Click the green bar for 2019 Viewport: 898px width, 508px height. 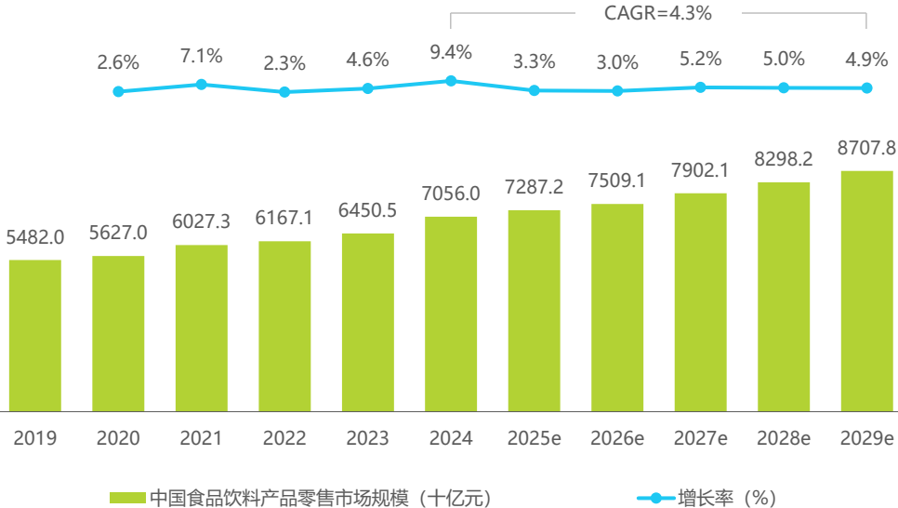point(35,335)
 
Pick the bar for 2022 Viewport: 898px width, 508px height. point(284,326)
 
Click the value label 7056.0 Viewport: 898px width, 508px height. point(451,194)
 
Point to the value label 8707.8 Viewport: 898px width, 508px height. point(866,148)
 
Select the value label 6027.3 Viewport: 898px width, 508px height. point(202,222)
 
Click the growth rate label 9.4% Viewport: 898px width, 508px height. point(451,52)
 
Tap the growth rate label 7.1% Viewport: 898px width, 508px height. point(202,56)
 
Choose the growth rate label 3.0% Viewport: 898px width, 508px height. point(617,62)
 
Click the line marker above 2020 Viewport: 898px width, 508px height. point(118,91)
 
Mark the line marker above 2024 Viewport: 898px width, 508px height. point(451,81)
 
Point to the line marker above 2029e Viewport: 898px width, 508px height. point(866,88)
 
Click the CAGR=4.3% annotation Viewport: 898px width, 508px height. point(658,13)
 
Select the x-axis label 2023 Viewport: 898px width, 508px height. point(367,438)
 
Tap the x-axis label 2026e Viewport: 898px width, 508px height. point(617,438)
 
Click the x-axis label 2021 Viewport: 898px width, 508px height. point(202,438)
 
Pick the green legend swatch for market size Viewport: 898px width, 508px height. point(128,498)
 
